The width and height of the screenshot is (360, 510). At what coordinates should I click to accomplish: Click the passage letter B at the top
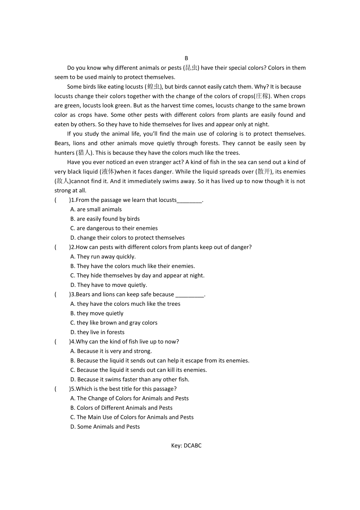pos(186,58)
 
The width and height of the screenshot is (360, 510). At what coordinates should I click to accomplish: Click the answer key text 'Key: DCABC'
pos(186,445)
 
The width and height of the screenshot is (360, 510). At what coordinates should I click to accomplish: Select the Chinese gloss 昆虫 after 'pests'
pos(191,68)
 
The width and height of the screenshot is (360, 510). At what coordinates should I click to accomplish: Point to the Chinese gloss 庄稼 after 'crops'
pos(262,96)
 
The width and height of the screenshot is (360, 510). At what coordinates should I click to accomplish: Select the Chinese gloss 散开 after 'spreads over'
pos(264,172)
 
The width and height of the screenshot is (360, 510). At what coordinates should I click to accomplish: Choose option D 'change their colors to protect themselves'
pos(127,238)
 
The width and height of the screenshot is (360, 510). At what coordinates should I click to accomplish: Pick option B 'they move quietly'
pos(97,313)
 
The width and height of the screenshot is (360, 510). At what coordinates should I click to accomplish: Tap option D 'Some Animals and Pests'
pos(105,427)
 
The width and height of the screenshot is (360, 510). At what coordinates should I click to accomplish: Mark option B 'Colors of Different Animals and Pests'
pos(121,408)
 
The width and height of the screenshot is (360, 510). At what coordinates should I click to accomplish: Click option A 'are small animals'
pos(96,209)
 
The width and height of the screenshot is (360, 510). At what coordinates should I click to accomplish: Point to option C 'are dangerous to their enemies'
pos(114,228)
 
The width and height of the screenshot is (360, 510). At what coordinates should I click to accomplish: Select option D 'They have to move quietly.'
pos(108,285)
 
